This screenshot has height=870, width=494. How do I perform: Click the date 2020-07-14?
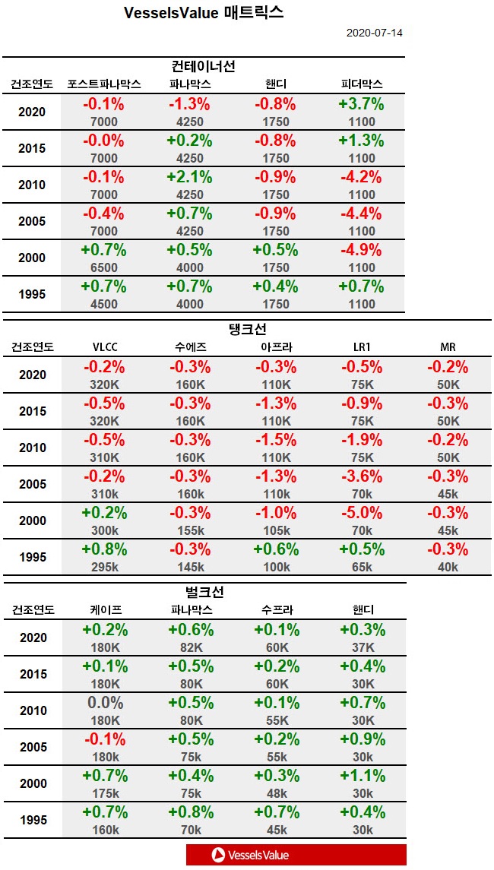[x=374, y=33]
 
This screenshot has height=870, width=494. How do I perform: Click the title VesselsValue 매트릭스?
[x=204, y=13]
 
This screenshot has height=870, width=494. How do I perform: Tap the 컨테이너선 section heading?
[x=204, y=66]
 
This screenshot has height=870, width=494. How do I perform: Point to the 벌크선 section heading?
[x=204, y=592]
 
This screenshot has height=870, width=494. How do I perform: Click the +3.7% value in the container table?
[x=362, y=105]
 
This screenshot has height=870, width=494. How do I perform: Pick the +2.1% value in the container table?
[x=190, y=178]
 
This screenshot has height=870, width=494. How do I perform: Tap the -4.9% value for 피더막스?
[x=362, y=251]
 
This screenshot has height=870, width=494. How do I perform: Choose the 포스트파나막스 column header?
[x=104, y=84]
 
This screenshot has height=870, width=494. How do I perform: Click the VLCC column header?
[x=104, y=347]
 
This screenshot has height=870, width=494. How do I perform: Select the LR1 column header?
[x=362, y=347]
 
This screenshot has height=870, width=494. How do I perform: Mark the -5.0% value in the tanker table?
[x=362, y=514]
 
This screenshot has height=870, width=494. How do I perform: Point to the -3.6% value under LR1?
[x=362, y=477]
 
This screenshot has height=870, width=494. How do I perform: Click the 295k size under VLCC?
[x=104, y=567]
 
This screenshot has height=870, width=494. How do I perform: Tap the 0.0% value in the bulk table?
[x=104, y=704]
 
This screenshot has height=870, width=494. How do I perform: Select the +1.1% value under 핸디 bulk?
[x=362, y=777]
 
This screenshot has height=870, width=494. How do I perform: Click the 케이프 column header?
[x=104, y=610]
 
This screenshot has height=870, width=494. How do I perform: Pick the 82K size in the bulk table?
[x=190, y=647]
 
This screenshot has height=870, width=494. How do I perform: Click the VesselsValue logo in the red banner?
[x=251, y=855]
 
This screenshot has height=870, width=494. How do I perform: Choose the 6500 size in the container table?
[x=104, y=267]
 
